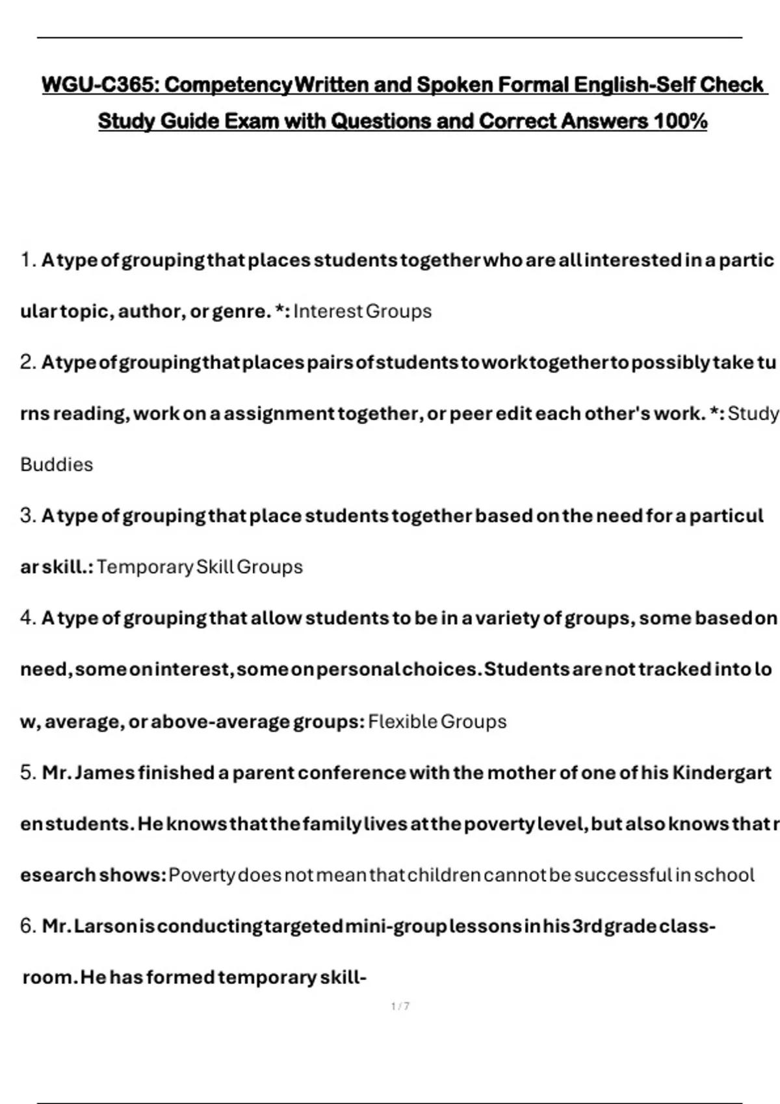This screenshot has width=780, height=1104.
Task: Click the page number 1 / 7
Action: tap(400, 1007)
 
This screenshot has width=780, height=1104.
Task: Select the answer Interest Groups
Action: tap(362, 312)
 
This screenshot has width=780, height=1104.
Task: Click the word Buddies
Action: tap(57, 465)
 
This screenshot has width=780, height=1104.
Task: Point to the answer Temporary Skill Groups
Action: tap(200, 567)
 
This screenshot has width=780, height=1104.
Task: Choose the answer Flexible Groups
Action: tap(437, 721)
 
